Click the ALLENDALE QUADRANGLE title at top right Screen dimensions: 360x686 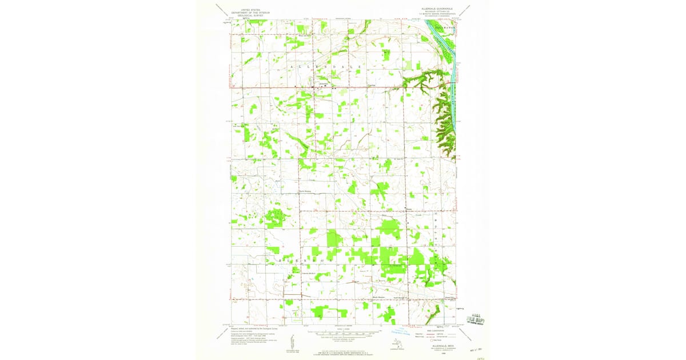pyautogui.click(x=436, y=9)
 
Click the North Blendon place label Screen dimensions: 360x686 pyautogui.click(x=306, y=191)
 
